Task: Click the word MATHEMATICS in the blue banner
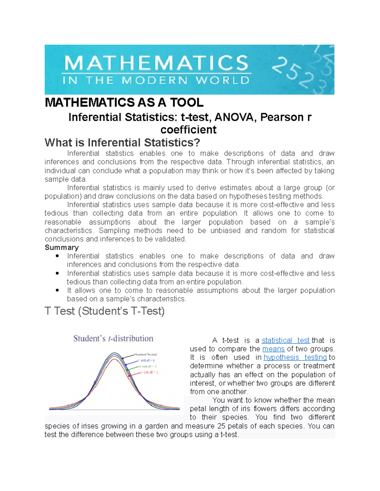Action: click(156, 63)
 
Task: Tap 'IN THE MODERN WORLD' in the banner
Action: click(156, 80)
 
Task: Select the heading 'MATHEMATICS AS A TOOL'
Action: click(124, 102)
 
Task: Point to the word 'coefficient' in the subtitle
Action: click(188, 130)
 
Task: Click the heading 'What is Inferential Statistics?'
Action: click(122, 143)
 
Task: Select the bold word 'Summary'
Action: click(61, 248)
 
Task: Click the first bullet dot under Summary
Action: click(57, 256)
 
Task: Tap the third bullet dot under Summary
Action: click(57, 290)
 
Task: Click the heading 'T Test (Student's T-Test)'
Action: click(104, 311)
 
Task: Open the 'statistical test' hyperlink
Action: click(285, 341)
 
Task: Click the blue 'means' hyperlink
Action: click(274, 349)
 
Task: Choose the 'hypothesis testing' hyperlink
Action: click(295, 358)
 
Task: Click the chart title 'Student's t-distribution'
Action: click(113, 339)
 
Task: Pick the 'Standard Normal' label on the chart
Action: click(146, 354)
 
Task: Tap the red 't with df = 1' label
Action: click(149, 372)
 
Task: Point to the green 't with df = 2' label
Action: click(148, 366)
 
